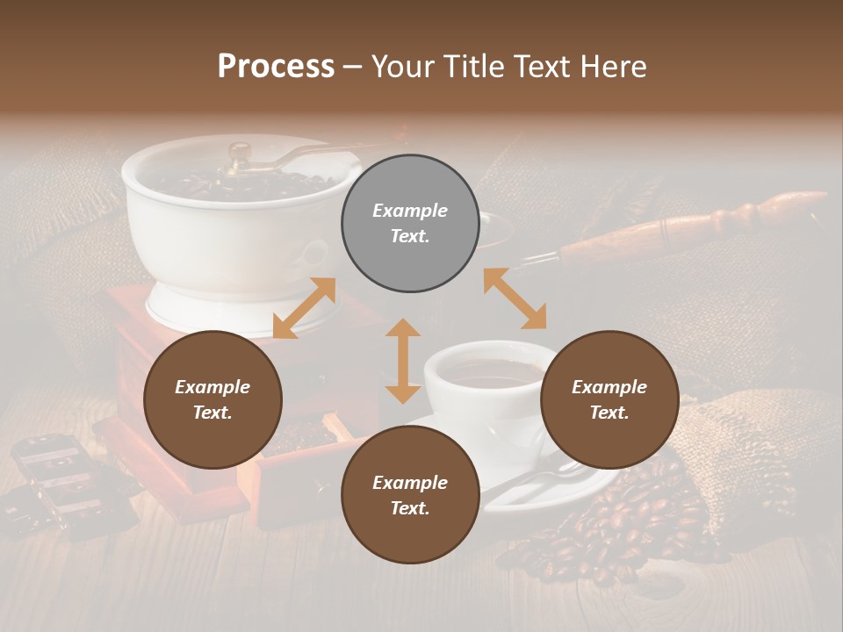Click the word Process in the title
pos(276,67)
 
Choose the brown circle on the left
pos(213,399)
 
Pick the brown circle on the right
pos(609,399)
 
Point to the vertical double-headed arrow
pos(403,361)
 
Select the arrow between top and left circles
pos(304,308)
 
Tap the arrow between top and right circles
pos(515,298)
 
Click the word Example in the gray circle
pos(410,211)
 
